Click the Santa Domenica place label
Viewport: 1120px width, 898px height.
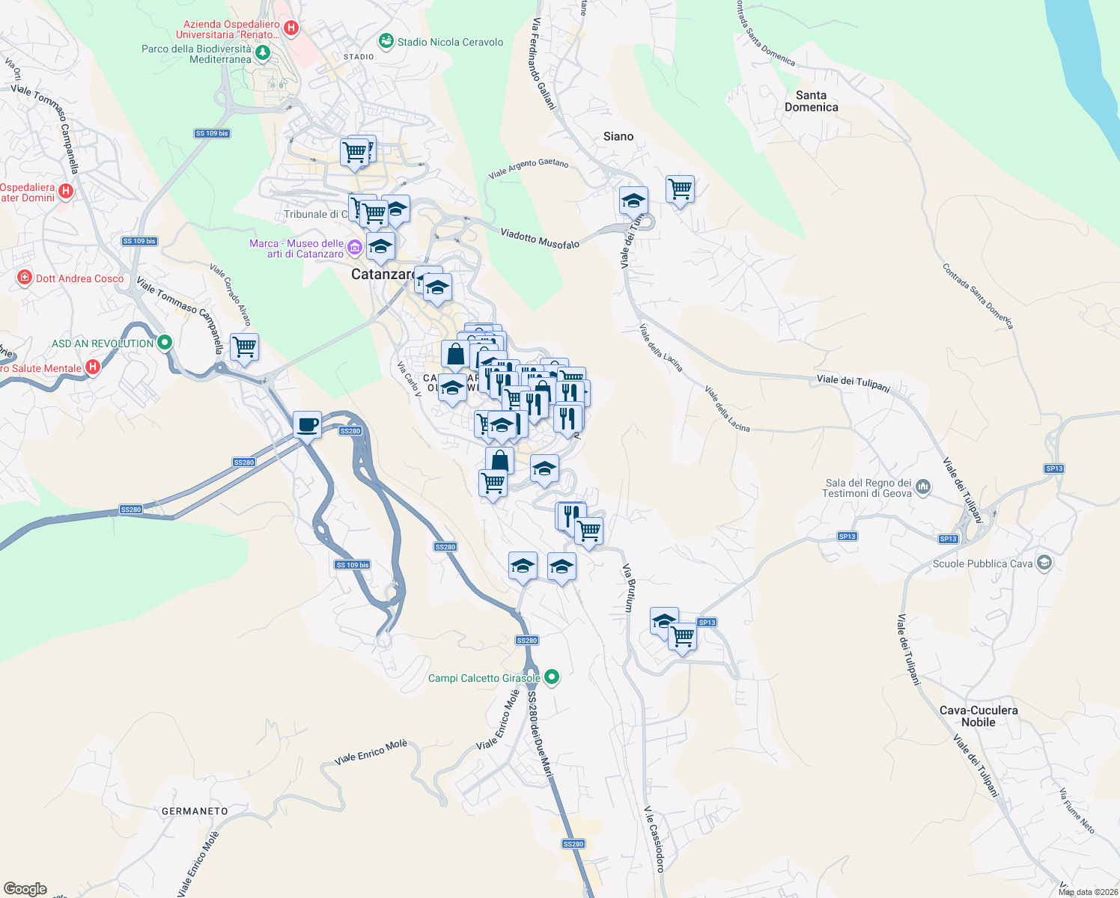[811, 101]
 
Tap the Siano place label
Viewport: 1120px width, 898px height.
[618, 136]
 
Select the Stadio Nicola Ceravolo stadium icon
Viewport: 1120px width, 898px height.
[386, 41]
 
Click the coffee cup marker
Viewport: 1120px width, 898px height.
[307, 425]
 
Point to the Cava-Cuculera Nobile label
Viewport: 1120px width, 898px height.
[979, 716]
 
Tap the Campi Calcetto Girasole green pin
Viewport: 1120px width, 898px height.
[552, 677]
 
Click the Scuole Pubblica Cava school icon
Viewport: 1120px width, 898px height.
[1044, 563]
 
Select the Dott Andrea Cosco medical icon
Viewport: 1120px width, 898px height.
[25, 278]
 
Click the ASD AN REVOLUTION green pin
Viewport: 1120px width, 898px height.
[165, 343]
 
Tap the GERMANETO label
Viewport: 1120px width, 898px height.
[195, 811]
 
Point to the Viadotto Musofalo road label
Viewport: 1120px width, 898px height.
[540, 239]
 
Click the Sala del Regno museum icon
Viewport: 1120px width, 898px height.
[923, 487]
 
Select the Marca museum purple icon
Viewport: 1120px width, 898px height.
[354, 247]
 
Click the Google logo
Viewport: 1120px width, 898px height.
[25, 889]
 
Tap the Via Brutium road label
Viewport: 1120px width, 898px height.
[630, 588]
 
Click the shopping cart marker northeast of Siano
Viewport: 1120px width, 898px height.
[680, 189]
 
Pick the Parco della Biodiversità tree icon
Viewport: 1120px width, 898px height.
[262, 52]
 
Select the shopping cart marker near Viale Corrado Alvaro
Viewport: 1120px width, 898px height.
[244, 347]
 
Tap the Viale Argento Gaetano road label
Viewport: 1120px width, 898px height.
[529, 168]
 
